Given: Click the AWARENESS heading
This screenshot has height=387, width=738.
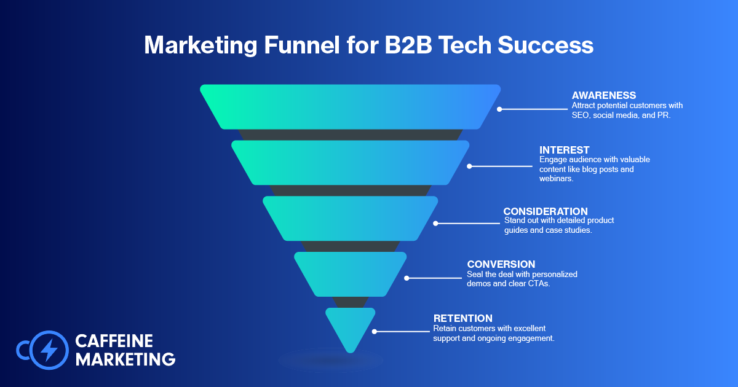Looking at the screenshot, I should pos(603,95).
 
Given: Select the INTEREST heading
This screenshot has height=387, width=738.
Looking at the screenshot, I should pos(565,150).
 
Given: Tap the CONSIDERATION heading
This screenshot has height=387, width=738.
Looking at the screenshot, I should pos(546,211).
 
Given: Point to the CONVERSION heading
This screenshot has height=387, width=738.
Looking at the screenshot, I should pos(501,265).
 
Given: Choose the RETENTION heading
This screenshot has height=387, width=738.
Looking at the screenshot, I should pos(463,318).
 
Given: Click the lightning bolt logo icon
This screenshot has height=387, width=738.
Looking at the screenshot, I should pos(48,350).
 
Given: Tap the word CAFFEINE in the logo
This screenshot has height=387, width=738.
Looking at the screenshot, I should pos(114,341).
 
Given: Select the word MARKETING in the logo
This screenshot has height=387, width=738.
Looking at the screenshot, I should pos(125,359).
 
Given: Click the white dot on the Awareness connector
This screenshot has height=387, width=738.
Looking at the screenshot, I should pos(499,109).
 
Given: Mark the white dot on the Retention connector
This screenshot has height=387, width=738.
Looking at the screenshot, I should pos(374,332).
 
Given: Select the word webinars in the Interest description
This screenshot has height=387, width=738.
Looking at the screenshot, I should pos(555,179).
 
